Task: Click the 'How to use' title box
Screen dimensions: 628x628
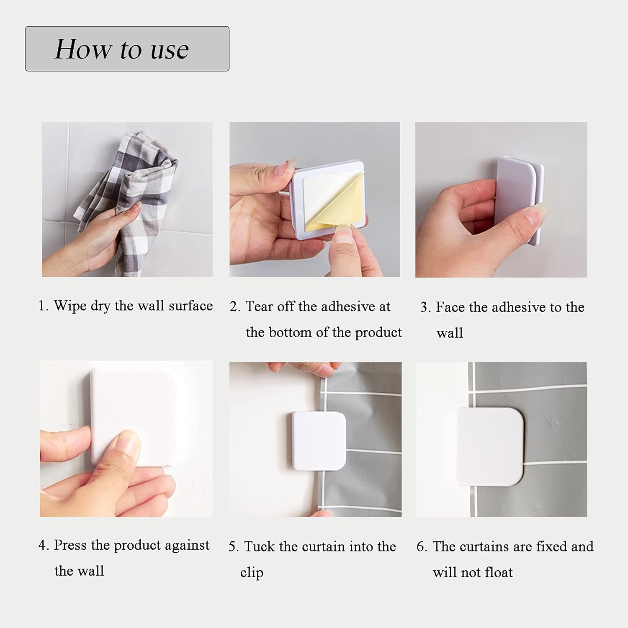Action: (127, 49)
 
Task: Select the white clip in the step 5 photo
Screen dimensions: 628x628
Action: (319, 441)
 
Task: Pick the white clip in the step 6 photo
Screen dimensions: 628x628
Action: (490, 447)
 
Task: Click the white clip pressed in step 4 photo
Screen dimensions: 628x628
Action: (133, 417)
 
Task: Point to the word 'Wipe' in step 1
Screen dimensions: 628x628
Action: (70, 306)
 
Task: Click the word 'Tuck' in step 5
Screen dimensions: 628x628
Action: (259, 546)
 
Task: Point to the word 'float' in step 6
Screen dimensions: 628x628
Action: (498, 572)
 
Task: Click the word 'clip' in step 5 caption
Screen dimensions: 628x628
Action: (252, 573)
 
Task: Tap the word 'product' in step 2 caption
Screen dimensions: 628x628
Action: (378, 333)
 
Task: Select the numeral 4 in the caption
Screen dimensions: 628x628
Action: (42, 545)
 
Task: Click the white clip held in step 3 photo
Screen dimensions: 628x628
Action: (519, 200)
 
